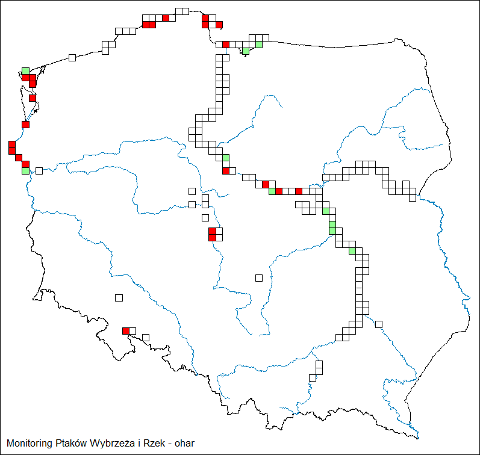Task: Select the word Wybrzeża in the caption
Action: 112,444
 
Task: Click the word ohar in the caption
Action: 184,444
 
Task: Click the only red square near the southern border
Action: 126,330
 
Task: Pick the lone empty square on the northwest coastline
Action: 72,57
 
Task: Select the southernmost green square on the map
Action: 352,251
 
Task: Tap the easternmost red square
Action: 299,191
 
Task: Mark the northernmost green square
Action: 259,44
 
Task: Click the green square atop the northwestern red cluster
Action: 25,71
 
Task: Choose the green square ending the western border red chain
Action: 25,171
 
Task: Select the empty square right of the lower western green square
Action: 39,171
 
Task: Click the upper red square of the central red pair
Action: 213,231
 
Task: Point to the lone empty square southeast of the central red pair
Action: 259,277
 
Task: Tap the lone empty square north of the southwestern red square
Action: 119,297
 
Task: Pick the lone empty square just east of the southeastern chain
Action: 379,324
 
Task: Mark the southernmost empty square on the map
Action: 313,377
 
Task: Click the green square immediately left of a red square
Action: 272,191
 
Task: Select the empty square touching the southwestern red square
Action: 132,330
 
